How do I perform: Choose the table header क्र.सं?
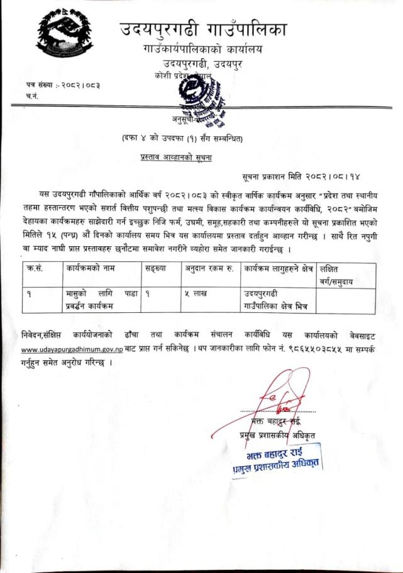point(37,269)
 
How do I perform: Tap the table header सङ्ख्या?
point(157,269)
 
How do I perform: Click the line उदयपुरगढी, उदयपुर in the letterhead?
point(202,63)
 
